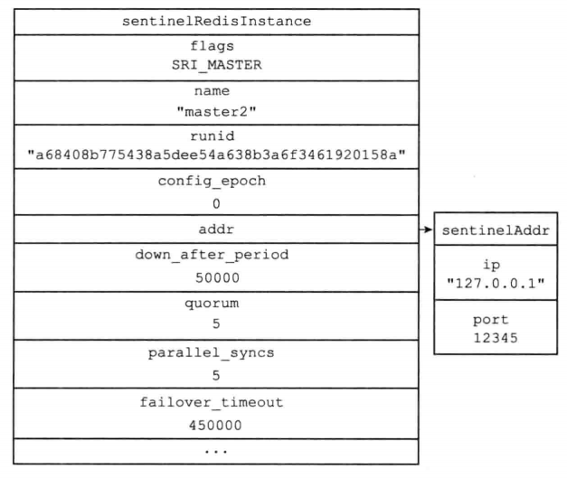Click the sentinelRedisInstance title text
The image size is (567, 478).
[x=216, y=21]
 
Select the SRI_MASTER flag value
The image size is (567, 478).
[x=216, y=65]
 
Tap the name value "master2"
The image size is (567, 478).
[x=216, y=112]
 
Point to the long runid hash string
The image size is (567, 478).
[x=216, y=155]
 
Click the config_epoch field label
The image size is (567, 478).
[x=212, y=181]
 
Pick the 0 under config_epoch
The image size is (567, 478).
[x=216, y=204]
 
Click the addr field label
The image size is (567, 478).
[x=216, y=230]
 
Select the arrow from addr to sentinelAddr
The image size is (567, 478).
[x=426, y=230]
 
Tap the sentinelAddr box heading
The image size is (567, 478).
[x=496, y=230]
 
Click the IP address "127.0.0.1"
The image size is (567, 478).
[x=496, y=283]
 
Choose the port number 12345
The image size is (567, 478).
[x=496, y=338]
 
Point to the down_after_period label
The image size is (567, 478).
[x=212, y=255]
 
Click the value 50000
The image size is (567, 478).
[x=217, y=277]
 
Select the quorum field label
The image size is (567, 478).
[x=212, y=304]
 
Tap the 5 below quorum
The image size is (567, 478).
[x=216, y=323]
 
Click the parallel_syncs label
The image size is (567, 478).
[x=212, y=353]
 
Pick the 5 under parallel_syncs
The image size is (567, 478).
[x=216, y=376]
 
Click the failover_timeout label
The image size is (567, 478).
[x=212, y=402]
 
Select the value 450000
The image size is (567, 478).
[x=215, y=426]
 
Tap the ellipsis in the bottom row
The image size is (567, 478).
[x=216, y=451]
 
